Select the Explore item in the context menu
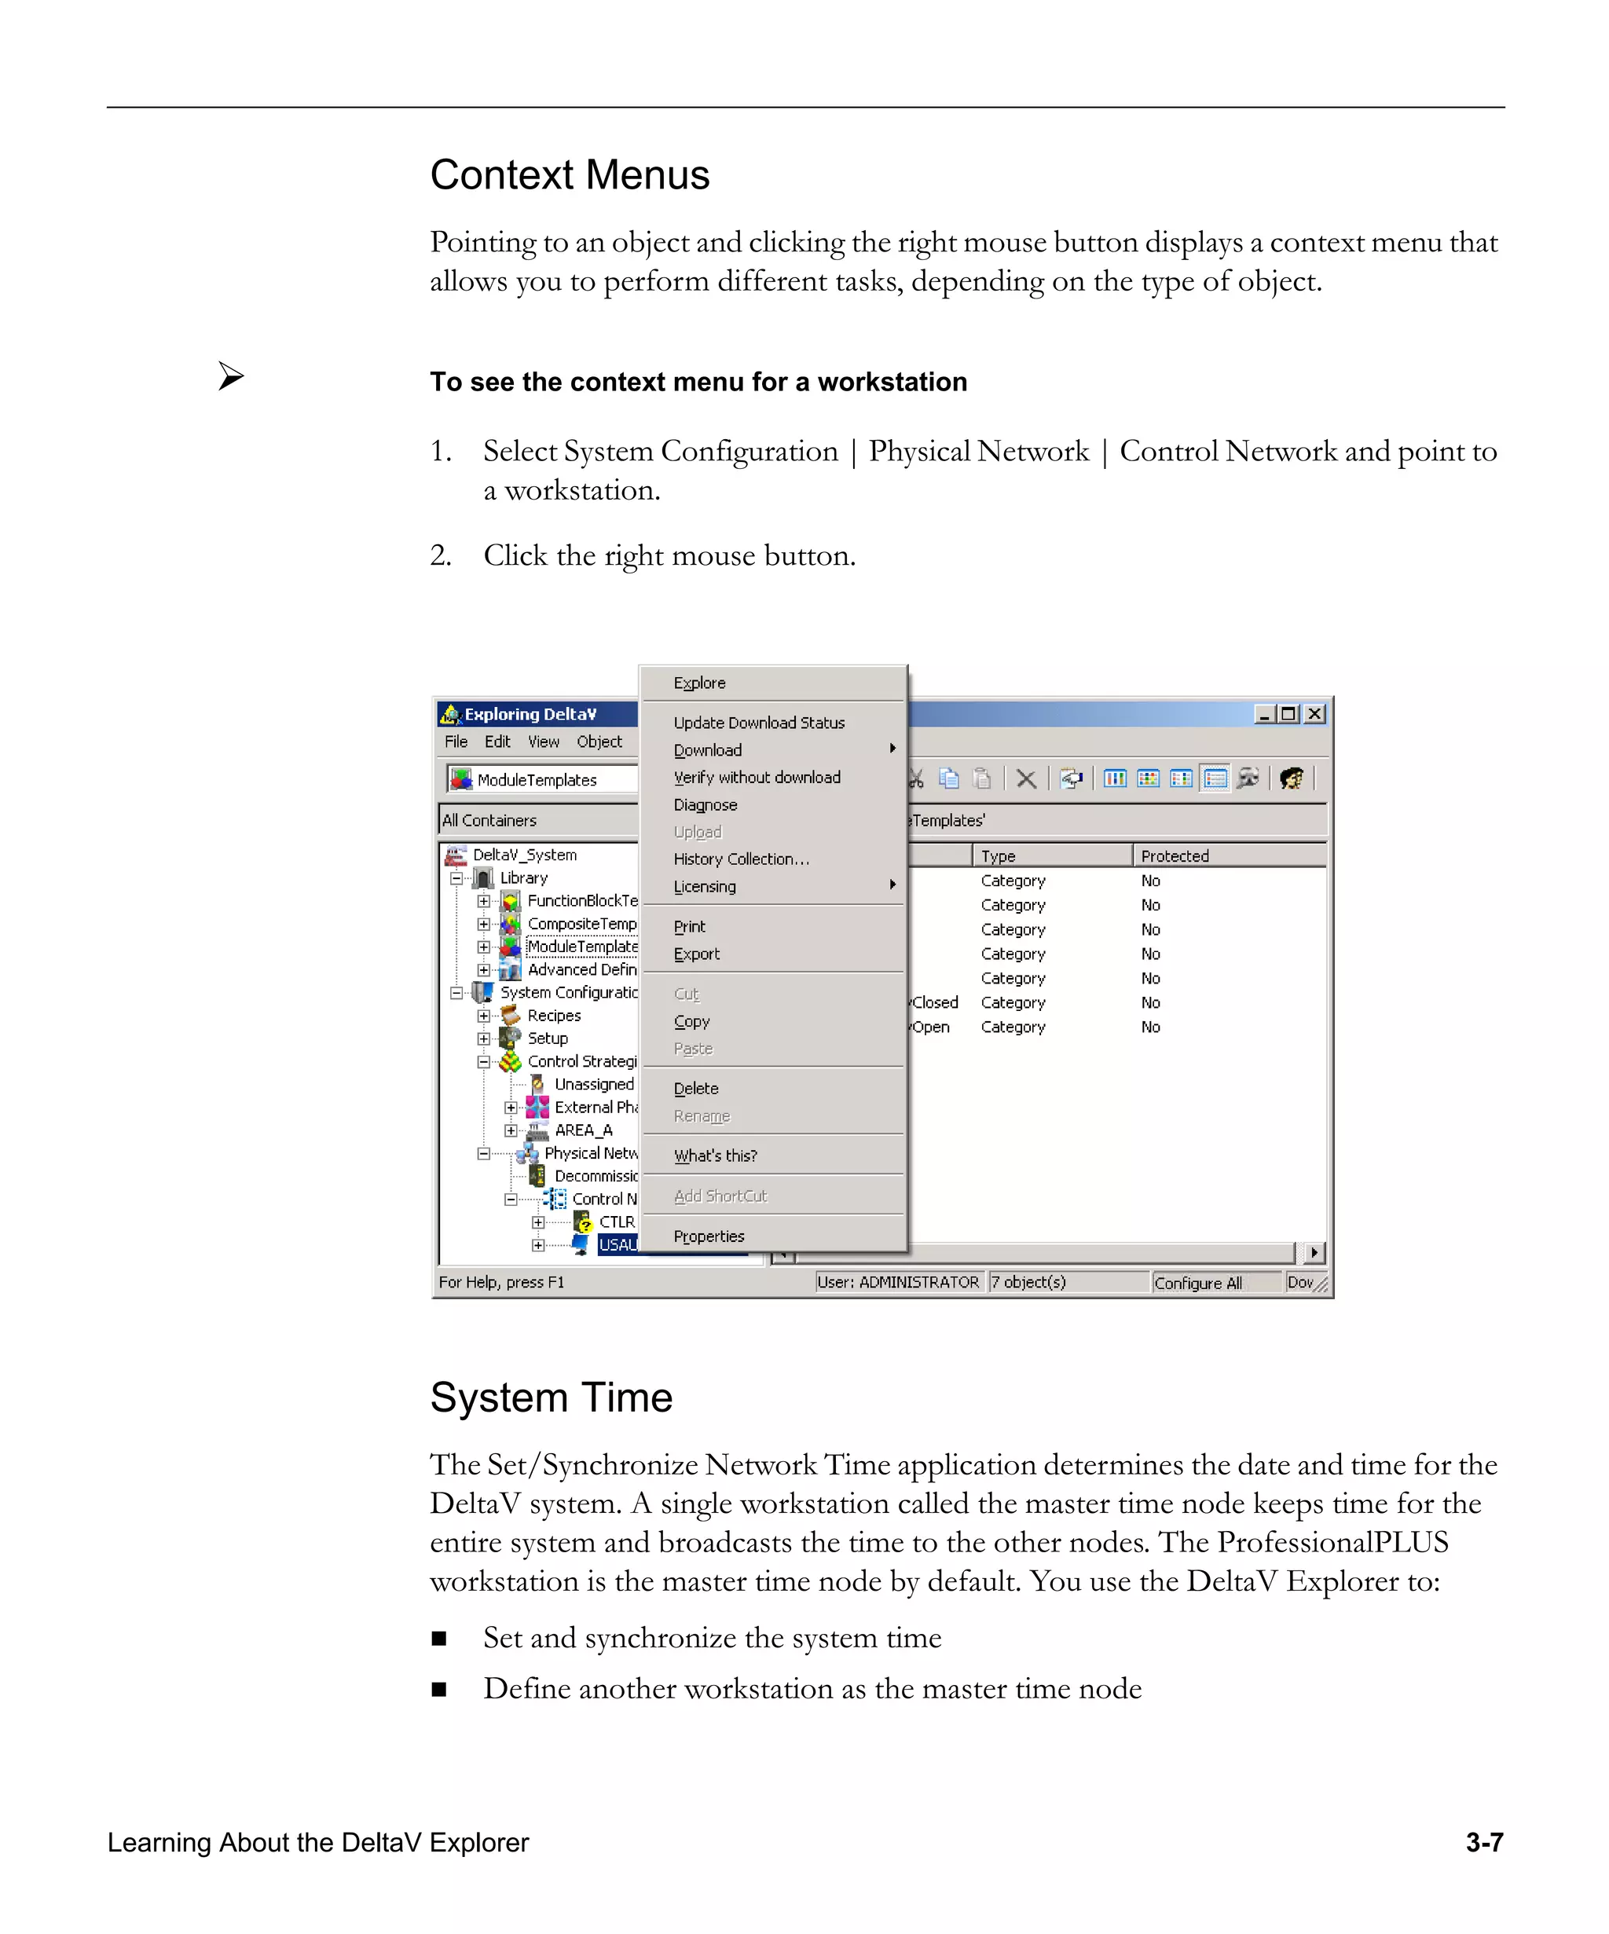click(x=699, y=683)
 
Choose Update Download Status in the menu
click(x=758, y=723)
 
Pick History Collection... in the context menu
click(x=741, y=859)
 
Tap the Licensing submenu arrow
click(x=892, y=885)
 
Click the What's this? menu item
click(x=715, y=1156)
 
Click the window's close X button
click(x=1315, y=714)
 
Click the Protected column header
click(x=1175, y=855)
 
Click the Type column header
click(x=998, y=855)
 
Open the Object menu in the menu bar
click(x=599, y=742)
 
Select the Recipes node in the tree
click(x=554, y=1015)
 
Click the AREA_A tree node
click(x=583, y=1130)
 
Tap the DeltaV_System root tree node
click(x=524, y=855)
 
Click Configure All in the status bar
click(x=1197, y=1283)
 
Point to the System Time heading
click(x=551, y=1397)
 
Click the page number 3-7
click(x=1484, y=1842)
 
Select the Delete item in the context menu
click(x=695, y=1089)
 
